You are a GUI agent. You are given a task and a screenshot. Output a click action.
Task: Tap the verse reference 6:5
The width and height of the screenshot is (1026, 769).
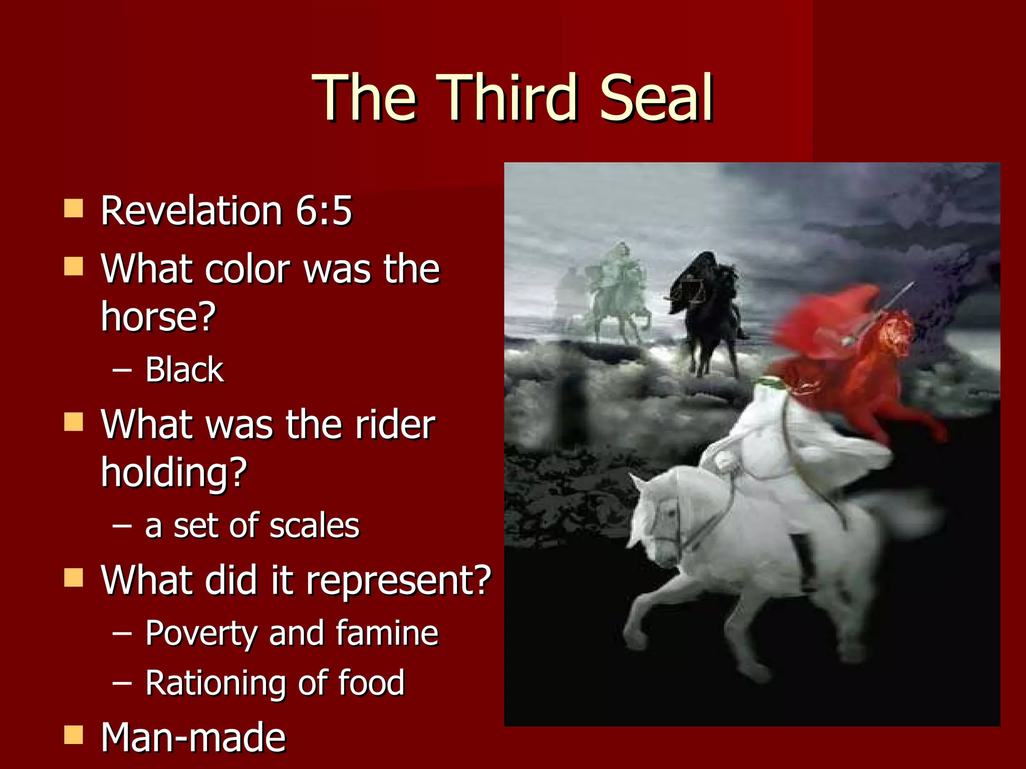(x=324, y=210)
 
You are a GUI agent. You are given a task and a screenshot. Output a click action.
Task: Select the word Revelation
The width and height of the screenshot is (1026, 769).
(x=192, y=210)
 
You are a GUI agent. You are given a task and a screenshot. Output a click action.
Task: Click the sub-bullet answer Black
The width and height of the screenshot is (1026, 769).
(x=184, y=370)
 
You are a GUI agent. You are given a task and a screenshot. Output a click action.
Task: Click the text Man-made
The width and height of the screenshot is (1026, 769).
(x=193, y=737)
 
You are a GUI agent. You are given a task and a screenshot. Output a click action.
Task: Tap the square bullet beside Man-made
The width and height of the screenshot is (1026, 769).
(x=74, y=735)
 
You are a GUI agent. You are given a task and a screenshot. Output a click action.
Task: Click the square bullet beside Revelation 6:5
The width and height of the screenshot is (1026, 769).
(x=74, y=208)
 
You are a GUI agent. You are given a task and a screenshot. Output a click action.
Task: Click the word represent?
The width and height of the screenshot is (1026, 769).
(x=398, y=581)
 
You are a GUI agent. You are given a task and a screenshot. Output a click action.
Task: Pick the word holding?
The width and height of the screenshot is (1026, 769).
(x=174, y=472)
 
